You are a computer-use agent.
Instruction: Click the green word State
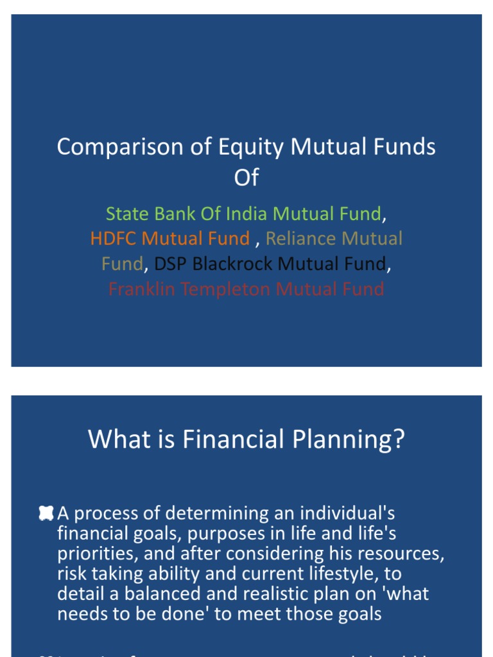tap(127, 214)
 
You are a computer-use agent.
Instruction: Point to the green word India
tap(246, 214)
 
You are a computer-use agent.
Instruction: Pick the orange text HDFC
tap(114, 239)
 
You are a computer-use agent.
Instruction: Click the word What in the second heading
tap(114, 440)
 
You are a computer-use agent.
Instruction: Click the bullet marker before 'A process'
tap(46, 513)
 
